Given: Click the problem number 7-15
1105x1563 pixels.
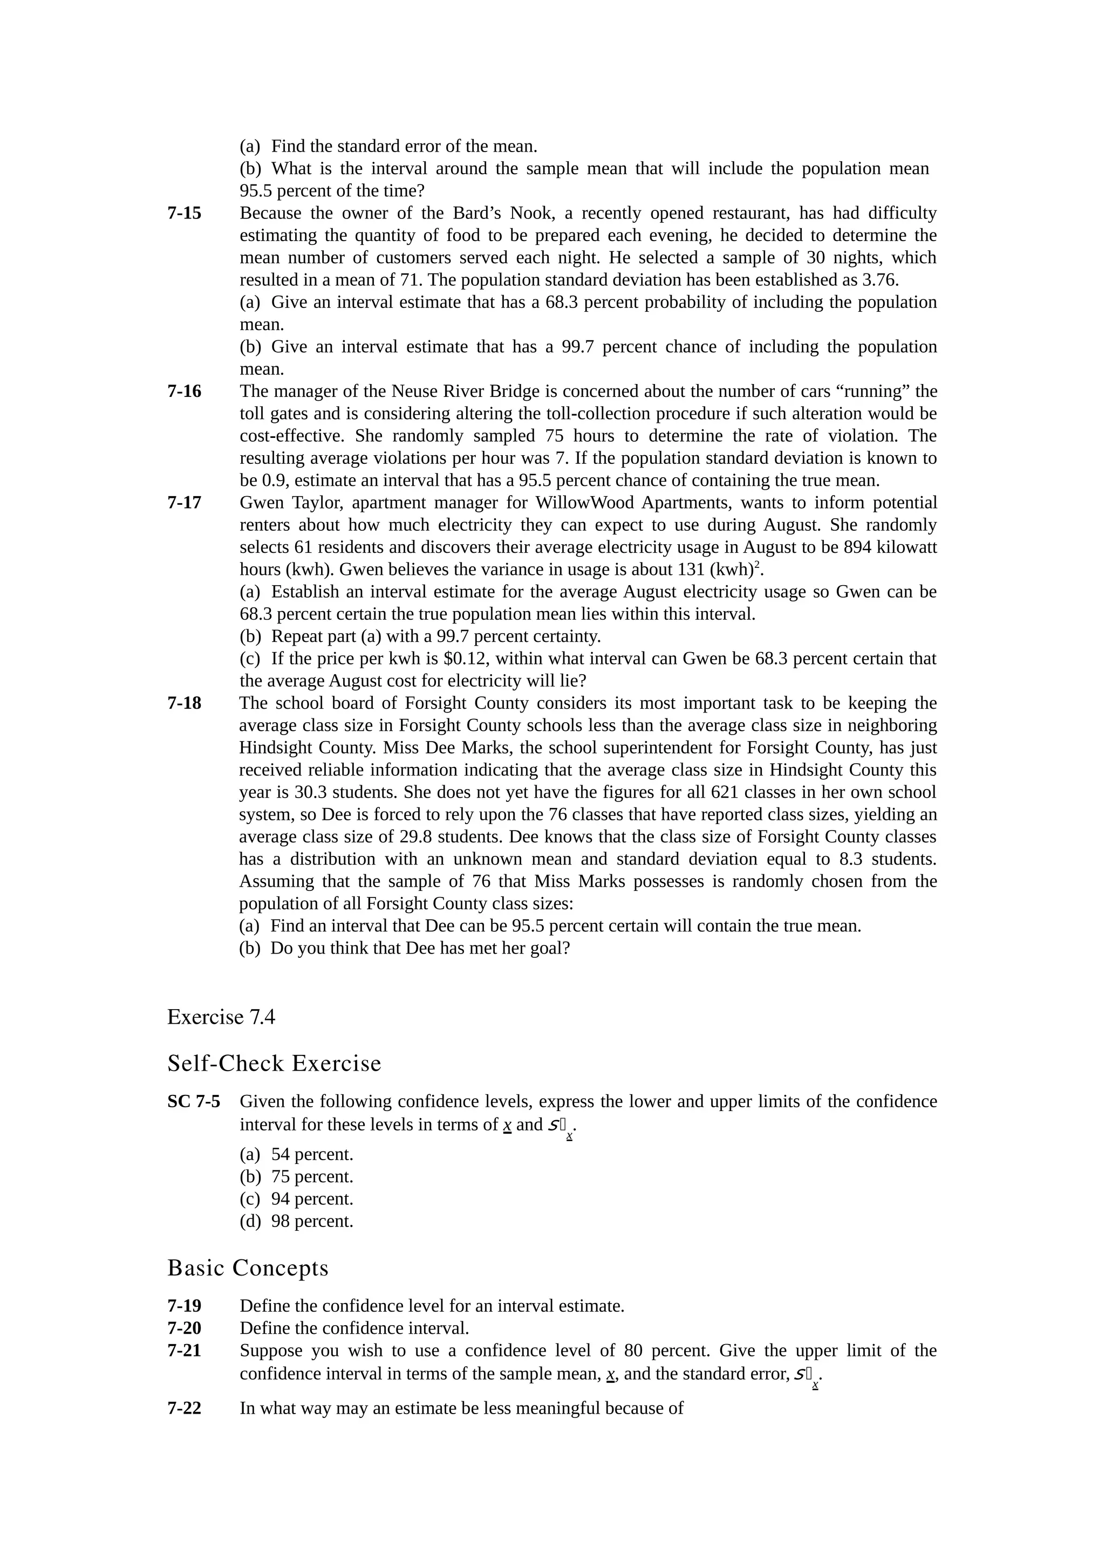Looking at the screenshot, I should click(x=185, y=213).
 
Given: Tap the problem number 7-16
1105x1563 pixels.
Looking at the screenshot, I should click(x=185, y=392).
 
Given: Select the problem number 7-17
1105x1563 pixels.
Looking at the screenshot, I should click(x=185, y=503).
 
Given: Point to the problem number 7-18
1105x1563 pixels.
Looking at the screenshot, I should click(x=185, y=703).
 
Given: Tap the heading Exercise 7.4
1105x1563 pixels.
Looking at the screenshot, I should click(x=221, y=1017).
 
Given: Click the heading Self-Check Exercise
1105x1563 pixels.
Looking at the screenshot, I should click(x=275, y=1064).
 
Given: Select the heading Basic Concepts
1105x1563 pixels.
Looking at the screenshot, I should click(x=248, y=1268).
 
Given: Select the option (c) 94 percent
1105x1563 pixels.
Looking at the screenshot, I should click(x=297, y=1199).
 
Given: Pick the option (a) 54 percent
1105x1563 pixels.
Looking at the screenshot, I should click(x=297, y=1155).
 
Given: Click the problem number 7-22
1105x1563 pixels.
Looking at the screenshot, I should click(x=185, y=1408).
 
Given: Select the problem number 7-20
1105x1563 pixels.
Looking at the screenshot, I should click(x=185, y=1328).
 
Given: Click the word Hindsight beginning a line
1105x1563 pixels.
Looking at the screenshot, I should click(x=271, y=748).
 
